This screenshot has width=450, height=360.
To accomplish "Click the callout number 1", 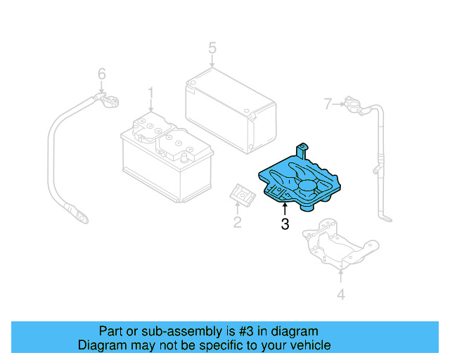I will point(150,93).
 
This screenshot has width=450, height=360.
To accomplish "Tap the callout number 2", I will point(237,223).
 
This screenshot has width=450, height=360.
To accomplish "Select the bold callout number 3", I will point(284,224).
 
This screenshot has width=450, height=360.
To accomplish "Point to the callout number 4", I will point(341,295).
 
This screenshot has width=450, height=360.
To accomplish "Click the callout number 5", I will point(212,49).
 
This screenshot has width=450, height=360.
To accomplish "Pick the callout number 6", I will point(101,74).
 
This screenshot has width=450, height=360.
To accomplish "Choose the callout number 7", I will point(327,104).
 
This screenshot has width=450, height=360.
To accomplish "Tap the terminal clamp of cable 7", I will point(353,108).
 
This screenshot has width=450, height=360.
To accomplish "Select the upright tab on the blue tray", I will point(303,150).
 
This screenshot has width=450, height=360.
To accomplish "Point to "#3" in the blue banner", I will point(236,331).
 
